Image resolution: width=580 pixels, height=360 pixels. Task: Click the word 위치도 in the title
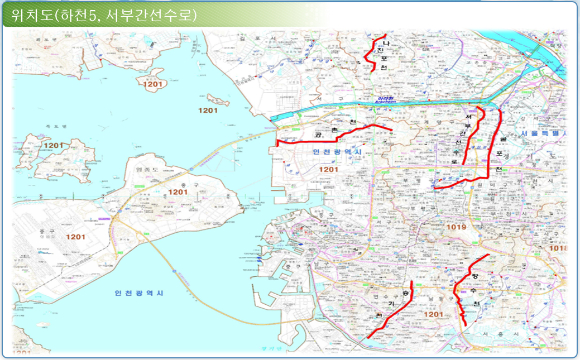pos(30,14)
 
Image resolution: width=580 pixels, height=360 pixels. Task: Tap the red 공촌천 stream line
pos(330,132)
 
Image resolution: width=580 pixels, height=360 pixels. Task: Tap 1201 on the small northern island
pos(152,84)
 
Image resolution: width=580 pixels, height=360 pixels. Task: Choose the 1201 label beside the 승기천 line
pos(433,315)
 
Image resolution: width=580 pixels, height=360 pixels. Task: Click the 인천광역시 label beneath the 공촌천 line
pos(335,151)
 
